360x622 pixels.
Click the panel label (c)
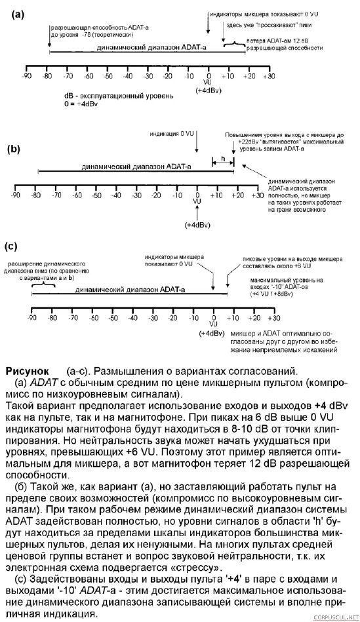(10, 246)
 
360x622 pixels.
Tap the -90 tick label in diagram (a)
(26, 77)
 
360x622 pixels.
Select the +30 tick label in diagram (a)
(269, 77)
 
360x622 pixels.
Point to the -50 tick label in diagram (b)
(96, 195)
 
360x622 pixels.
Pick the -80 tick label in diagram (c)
(52, 317)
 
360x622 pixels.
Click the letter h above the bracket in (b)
(222, 158)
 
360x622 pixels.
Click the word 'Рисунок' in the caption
(26, 370)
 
